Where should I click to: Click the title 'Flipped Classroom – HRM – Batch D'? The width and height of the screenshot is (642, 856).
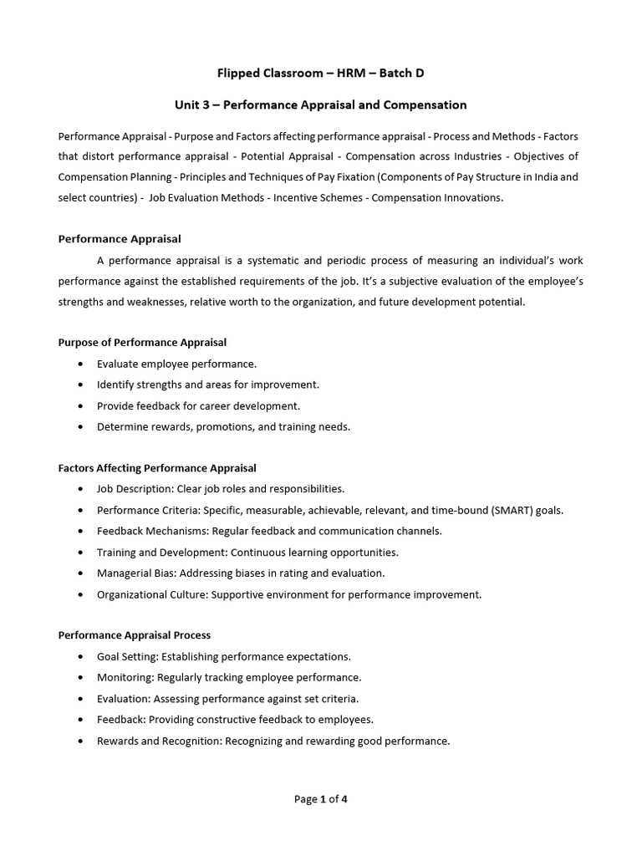[x=321, y=73]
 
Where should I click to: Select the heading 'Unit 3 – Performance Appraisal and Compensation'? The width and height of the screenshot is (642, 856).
[x=321, y=105]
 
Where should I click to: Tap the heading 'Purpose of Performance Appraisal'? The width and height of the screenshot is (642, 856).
[x=142, y=343]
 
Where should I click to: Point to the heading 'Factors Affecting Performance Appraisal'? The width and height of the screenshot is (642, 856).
[x=157, y=468]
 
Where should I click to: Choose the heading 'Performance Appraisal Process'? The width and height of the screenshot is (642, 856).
[x=135, y=635]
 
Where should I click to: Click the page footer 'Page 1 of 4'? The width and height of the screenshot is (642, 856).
[x=321, y=799]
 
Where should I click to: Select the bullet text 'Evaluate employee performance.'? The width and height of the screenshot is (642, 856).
[x=177, y=364]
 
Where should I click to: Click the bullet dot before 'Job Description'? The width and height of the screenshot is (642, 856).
[x=79, y=489]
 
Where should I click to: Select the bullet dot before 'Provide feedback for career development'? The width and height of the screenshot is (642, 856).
[x=79, y=405]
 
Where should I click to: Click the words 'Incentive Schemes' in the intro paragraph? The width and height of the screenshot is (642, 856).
[x=323, y=198]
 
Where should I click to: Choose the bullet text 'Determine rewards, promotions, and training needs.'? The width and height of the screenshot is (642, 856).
[x=223, y=426]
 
